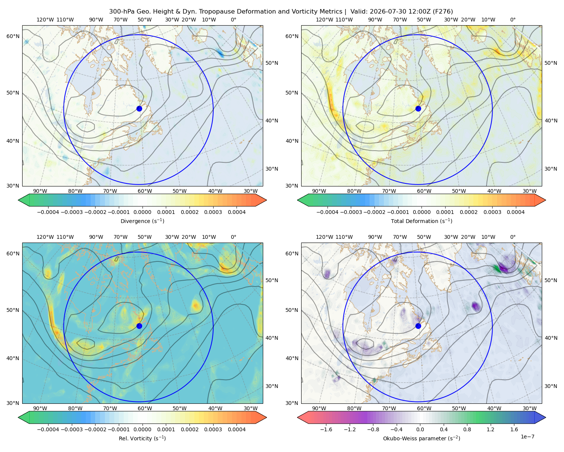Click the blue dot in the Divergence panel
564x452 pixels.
coord(139,108)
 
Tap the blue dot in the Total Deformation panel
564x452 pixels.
coord(418,108)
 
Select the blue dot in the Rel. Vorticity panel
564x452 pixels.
coord(139,326)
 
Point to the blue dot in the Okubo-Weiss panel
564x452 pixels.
coord(418,326)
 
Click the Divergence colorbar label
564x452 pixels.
coord(142,221)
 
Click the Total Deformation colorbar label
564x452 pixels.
coord(421,221)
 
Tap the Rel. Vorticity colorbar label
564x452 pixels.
coord(142,438)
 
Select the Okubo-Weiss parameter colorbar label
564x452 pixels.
coord(421,438)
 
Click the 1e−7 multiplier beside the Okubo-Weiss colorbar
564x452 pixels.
coord(527,437)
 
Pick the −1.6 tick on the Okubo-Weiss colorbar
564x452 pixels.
coord(326,429)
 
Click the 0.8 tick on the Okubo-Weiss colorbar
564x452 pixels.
coord(467,429)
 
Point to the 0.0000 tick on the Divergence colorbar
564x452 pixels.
coord(142,212)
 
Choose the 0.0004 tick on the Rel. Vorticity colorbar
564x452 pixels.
coord(237,429)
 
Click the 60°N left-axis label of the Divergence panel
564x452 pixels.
coord(13,36)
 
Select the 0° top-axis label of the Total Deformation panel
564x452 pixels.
coord(512,20)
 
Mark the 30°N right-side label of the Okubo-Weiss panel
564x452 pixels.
coord(551,386)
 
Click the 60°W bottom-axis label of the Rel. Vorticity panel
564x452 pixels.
coord(145,408)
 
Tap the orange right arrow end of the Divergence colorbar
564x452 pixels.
coord(261,200)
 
